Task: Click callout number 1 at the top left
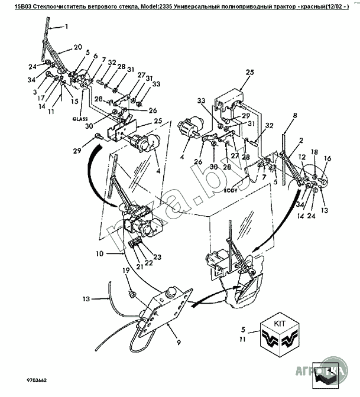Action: pos(67,27)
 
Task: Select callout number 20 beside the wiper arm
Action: pos(77,47)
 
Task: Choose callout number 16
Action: pos(329,158)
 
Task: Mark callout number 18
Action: pos(314,152)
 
